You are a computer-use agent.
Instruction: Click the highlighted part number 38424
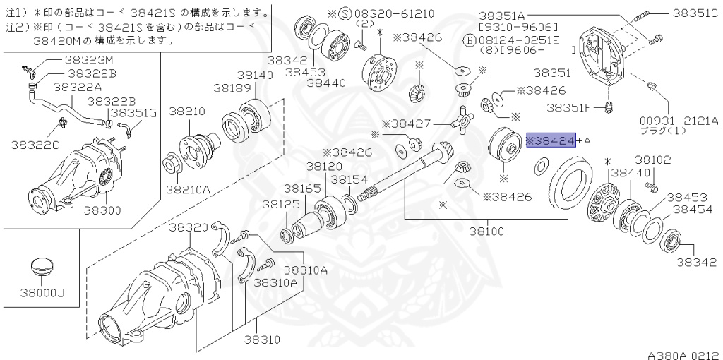(554, 141)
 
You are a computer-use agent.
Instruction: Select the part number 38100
(486, 231)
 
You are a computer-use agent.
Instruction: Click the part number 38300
(102, 210)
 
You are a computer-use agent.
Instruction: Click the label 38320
(189, 227)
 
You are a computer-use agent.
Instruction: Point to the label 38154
(349, 180)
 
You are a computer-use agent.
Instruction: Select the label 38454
(691, 210)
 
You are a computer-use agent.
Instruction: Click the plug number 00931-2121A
(679, 121)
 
